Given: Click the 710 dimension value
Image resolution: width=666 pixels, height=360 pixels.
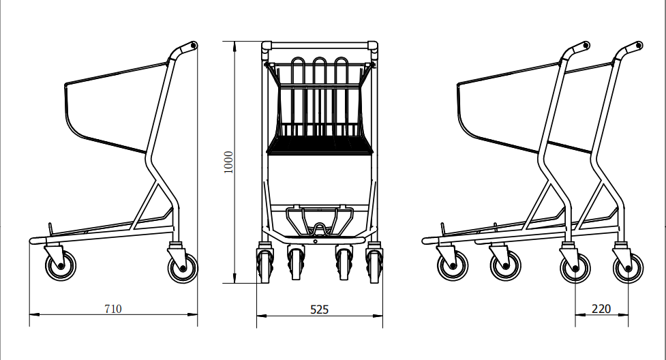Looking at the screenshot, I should (113, 309).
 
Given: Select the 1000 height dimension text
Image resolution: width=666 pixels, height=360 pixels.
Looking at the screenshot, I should (229, 162).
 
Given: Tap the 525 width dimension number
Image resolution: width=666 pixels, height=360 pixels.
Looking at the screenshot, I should (319, 310).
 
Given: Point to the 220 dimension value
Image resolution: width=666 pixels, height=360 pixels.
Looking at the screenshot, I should (601, 309).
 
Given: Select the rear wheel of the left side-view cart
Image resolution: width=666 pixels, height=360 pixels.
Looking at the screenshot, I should (182, 267).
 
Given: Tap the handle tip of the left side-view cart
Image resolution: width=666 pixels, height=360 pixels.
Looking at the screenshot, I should (192, 46).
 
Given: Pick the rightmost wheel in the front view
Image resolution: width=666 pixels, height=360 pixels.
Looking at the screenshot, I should (374, 266).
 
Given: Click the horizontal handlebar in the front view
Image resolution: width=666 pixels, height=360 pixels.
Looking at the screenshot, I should (319, 46).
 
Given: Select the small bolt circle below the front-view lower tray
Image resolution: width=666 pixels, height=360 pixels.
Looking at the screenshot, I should (316, 239).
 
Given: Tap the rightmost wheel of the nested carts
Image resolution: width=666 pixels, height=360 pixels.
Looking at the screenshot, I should (627, 267).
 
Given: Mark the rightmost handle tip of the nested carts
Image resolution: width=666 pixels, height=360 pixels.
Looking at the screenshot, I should (639, 46).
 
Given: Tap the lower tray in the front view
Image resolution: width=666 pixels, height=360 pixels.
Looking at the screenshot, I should (319, 220).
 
